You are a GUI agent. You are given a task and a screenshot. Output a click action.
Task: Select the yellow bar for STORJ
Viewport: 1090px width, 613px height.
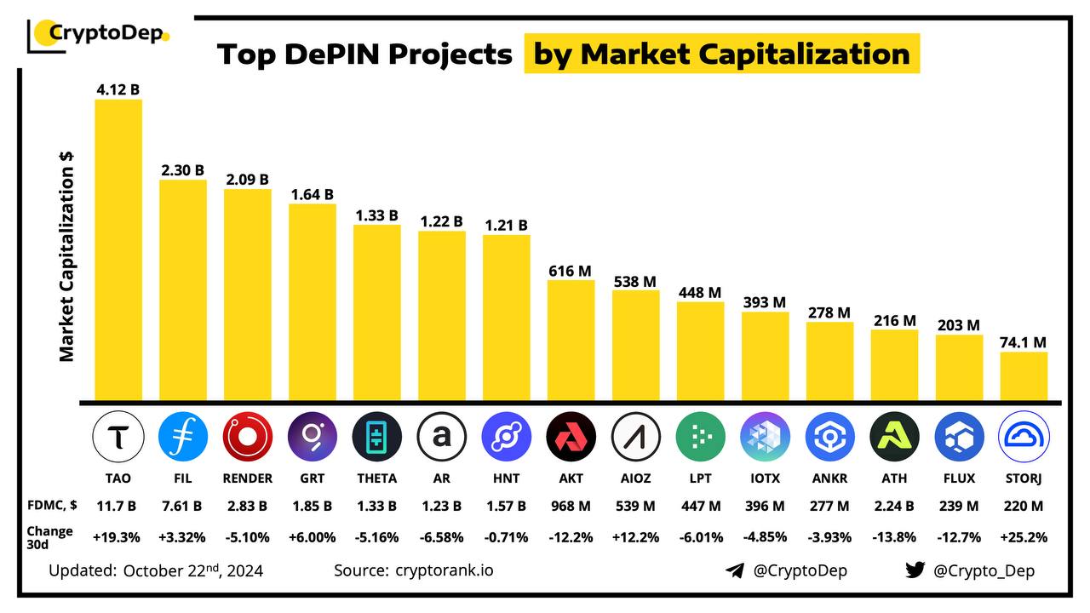[1024, 375]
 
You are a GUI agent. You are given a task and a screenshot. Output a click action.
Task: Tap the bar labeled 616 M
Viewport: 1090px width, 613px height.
[571, 340]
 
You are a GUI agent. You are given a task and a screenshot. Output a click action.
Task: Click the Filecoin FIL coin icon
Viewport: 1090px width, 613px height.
[183, 437]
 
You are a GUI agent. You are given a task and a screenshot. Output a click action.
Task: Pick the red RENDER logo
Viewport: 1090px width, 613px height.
[248, 437]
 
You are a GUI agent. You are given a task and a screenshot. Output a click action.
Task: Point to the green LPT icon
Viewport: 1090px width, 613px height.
[700, 437]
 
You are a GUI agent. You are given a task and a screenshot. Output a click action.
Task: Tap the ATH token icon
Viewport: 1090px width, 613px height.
[894, 437]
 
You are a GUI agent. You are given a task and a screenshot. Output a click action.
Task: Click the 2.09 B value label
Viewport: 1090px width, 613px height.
[247, 180]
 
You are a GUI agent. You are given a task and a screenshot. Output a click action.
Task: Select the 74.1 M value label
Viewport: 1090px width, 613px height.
[1024, 342]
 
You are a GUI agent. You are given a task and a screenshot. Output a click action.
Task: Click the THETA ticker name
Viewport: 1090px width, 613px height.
[376, 478]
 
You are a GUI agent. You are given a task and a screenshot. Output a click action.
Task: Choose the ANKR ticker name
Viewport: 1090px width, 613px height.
[829, 478]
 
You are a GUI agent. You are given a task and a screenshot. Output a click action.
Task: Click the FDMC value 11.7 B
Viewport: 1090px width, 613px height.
[118, 507]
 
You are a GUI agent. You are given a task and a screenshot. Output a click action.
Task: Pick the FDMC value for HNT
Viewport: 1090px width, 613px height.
[506, 507]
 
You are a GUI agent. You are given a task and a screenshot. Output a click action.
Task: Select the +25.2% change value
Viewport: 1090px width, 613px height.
[1024, 537]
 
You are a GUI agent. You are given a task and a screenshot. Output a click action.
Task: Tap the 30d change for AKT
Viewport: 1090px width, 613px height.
[571, 537]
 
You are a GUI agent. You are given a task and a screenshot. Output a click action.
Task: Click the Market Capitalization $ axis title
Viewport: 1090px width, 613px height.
[66, 255]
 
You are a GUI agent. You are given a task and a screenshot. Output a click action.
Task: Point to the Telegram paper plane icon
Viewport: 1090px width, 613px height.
[735, 570]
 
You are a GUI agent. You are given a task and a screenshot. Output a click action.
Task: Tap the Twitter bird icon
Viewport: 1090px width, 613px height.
[915, 570]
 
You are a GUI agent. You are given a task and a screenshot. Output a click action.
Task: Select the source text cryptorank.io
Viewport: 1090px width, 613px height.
[444, 570]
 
